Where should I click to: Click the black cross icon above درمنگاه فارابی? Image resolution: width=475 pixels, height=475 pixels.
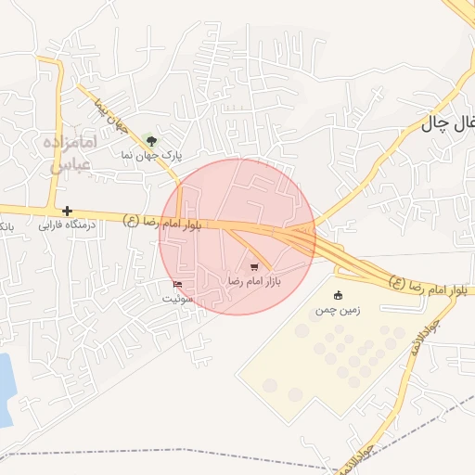[67, 211]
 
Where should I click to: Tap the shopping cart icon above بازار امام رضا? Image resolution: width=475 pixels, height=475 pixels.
[254, 267]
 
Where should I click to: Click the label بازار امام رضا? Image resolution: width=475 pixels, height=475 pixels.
[254, 279]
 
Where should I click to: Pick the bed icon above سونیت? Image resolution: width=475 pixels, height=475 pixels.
[177, 284]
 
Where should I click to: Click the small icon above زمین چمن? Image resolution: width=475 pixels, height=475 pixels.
[338, 296]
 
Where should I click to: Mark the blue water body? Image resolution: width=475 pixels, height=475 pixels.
[5, 390]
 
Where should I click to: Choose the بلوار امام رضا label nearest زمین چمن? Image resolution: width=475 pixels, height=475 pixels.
[428, 287]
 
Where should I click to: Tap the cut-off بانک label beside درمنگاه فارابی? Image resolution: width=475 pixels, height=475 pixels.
[6, 225]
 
